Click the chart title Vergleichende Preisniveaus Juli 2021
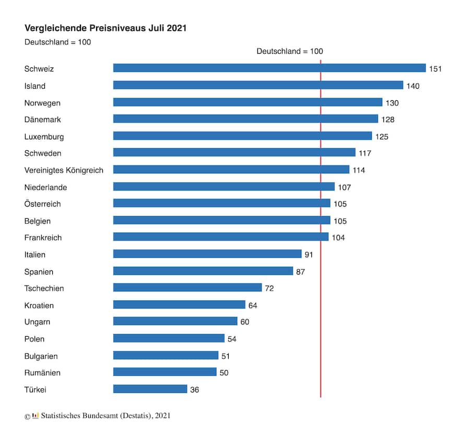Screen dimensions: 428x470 [105, 28]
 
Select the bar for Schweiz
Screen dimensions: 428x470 [269, 68]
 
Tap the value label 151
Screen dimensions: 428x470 [435, 69]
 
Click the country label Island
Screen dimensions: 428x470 [35, 86]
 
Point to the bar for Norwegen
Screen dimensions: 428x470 [248, 102]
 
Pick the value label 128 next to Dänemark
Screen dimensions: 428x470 [387, 120]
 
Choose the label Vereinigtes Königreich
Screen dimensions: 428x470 [64, 170]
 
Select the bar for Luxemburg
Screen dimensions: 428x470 [242, 136]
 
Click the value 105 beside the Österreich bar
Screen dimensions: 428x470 [340, 204]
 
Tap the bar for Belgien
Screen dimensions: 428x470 [221, 220]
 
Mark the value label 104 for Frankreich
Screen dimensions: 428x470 [338, 237]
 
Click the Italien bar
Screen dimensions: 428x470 [207, 254]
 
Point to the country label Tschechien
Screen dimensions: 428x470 [44, 288]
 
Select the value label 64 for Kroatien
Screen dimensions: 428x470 [253, 305]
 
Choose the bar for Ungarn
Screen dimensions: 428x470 [175, 321]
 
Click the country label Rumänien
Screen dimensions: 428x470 [42, 373]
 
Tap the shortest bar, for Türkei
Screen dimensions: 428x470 [150, 389]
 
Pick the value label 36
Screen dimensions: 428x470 [194, 390]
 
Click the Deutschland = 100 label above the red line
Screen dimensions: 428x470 [290, 51]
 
